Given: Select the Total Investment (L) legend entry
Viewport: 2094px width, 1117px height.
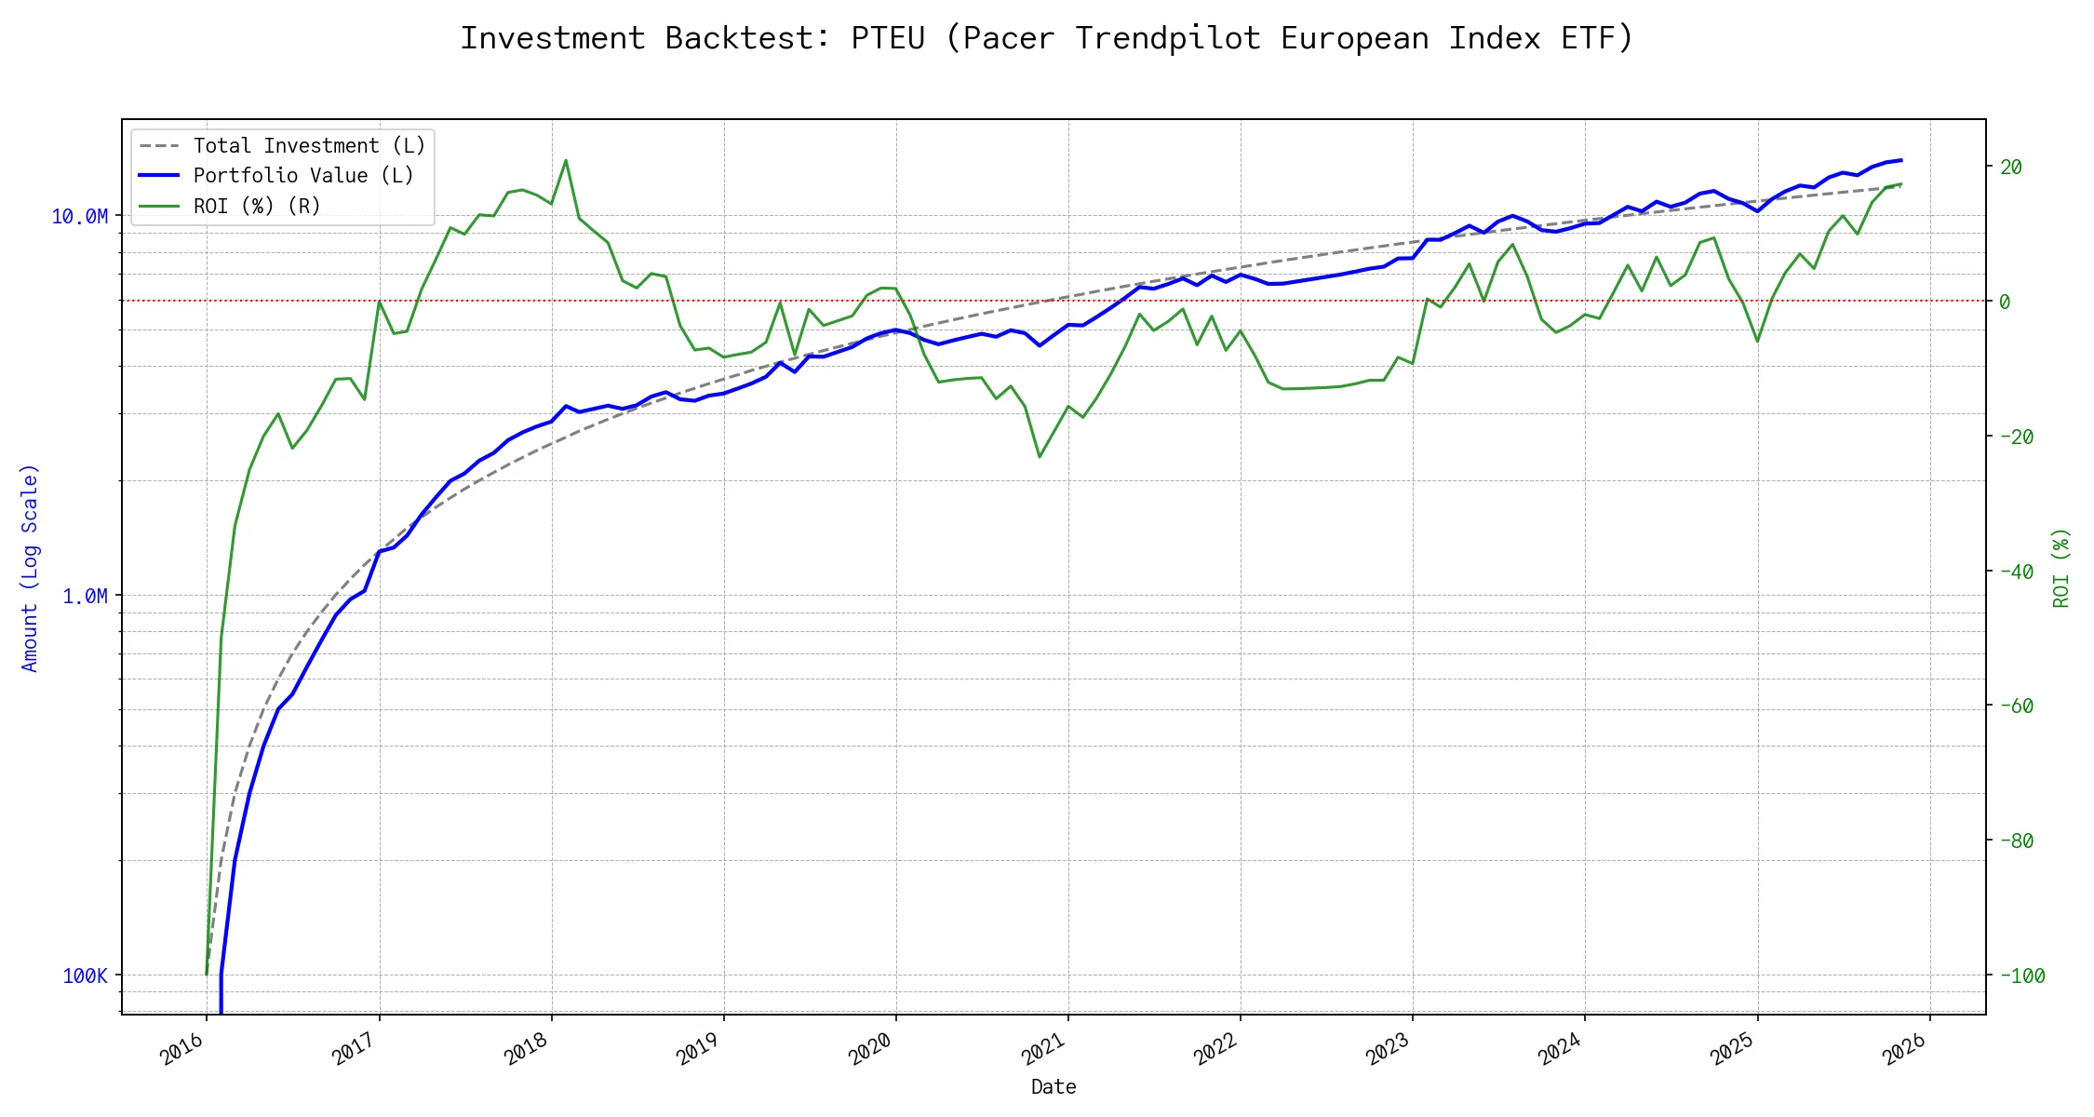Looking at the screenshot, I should pyautogui.click(x=309, y=145).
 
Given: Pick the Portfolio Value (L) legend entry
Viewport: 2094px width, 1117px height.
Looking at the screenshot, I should pyautogui.click(x=303, y=175).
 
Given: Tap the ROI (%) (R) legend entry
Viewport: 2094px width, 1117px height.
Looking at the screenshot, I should pyautogui.click(x=257, y=206).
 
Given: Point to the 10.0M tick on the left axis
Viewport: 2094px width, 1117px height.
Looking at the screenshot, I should pyautogui.click(x=79, y=216).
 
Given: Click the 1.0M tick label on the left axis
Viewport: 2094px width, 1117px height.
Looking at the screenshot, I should pyautogui.click(x=85, y=596).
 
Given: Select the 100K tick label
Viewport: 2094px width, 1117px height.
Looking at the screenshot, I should pyautogui.click(x=85, y=976).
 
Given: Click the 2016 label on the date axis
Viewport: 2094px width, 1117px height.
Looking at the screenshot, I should pyautogui.click(x=183, y=1049).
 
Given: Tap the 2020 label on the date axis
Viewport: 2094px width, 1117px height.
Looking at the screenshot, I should pyautogui.click(x=872, y=1049).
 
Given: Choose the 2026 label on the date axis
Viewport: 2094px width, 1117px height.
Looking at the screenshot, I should pyautogui.click(x=1906, y=1049).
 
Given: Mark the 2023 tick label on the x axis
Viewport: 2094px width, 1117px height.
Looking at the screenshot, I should pyautogui.click(x=1389, y=1049).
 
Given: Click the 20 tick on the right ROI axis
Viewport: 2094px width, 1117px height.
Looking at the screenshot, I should pyautogui.click(x=2011, y=167).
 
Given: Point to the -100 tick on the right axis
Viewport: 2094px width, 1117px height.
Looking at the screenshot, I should pyautogui.click(x=2021, y=976).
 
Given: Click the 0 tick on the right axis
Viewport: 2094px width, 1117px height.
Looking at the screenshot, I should pyautogui.click(x=2005, y=302).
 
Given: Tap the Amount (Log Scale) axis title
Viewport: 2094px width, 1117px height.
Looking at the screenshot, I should pyautogui.click(x=30, y=568).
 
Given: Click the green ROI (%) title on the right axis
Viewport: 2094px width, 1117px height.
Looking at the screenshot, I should pyautogui.click(x=2061, y=568).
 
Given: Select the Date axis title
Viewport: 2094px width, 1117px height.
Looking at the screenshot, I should pyautogui.click(x=1054, y=1086).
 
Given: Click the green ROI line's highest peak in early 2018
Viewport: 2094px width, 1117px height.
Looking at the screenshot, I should pyautogui.click(x=566, y=160).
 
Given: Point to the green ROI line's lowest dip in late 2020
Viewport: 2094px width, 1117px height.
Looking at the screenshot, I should pyautogui.click(x=1040, y=456).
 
